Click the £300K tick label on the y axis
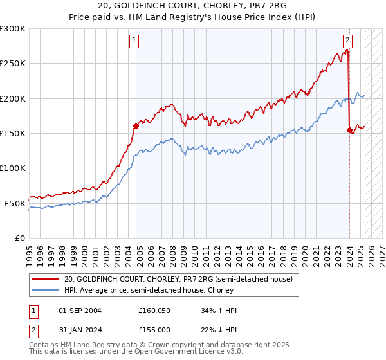click(13, 29)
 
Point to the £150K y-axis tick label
click(13, 133)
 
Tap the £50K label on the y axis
click(15, 203)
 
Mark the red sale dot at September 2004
click(136, 126)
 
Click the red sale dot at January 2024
click(349, 130)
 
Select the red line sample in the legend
click(46, 279)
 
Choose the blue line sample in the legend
click(46, 290)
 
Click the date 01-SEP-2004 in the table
click(80, 310)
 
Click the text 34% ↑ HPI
click(219, 310)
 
